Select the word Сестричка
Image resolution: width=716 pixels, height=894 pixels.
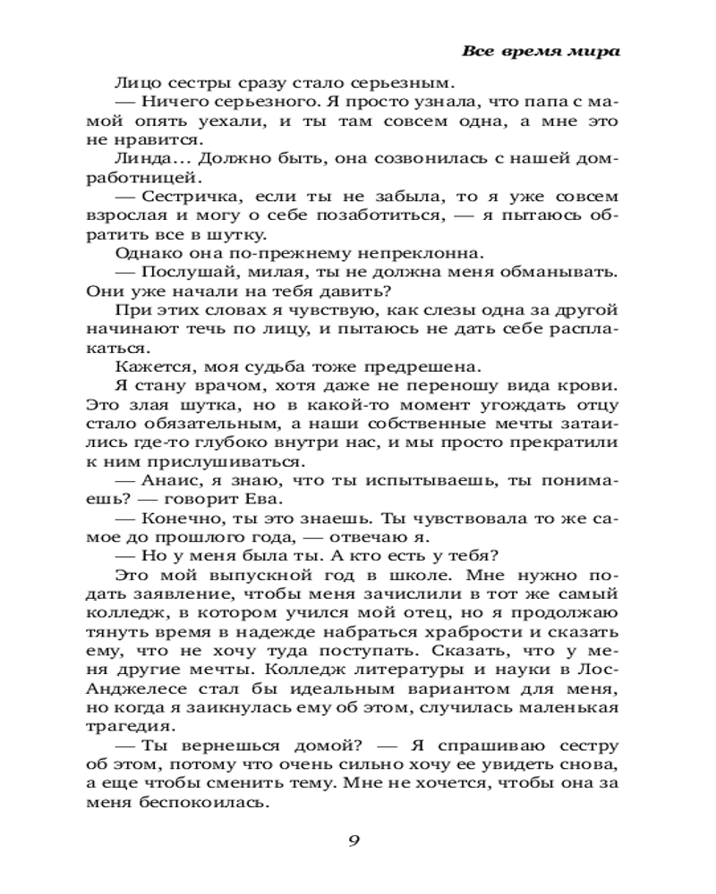(192, 196)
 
